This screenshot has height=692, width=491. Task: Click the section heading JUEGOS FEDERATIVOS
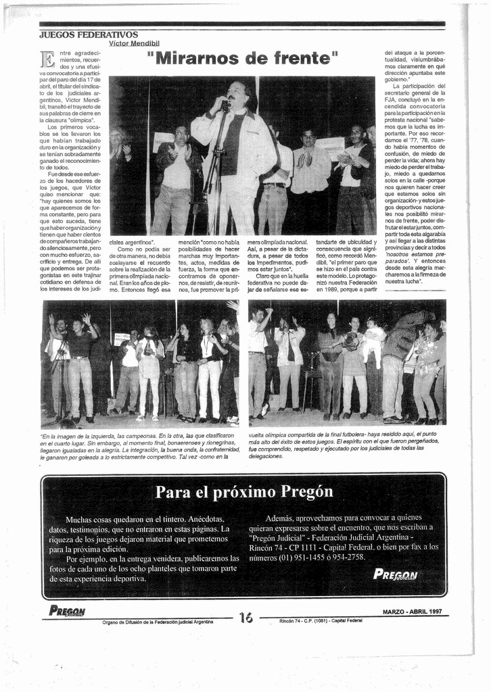click(x=89, y=34)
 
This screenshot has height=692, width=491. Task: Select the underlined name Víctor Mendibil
click(x=133, y=43)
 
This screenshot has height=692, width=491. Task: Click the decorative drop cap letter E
click(x=47, y=59)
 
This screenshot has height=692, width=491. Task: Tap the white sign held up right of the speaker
click(x=330, y=148)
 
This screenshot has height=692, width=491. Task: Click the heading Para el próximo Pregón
click(x=243, y=491)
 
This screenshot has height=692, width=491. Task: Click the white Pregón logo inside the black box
click(x=396, y=575)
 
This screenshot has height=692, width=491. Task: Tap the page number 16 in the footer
click(x=245, y=617)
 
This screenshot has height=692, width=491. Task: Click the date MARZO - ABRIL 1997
click(x=412, y=612)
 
